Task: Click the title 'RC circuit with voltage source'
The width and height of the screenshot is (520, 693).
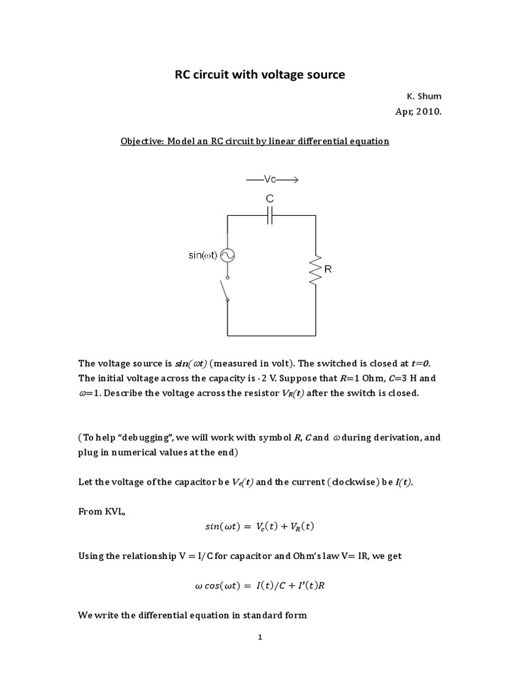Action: [x=260, y=75]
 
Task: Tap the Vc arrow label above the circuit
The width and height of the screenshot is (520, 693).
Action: [x=272, y=181]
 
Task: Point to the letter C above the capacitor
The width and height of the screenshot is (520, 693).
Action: [x=269, y=199]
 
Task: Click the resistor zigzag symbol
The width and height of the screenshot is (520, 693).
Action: [x=314, y=269]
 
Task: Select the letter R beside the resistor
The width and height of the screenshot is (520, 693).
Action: [x=328, y=269]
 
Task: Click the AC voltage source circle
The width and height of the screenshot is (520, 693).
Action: [x=227, y=255]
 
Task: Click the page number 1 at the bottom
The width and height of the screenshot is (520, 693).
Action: [x=260, y=638]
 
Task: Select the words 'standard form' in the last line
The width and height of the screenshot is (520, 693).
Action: [x=276, y=615]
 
